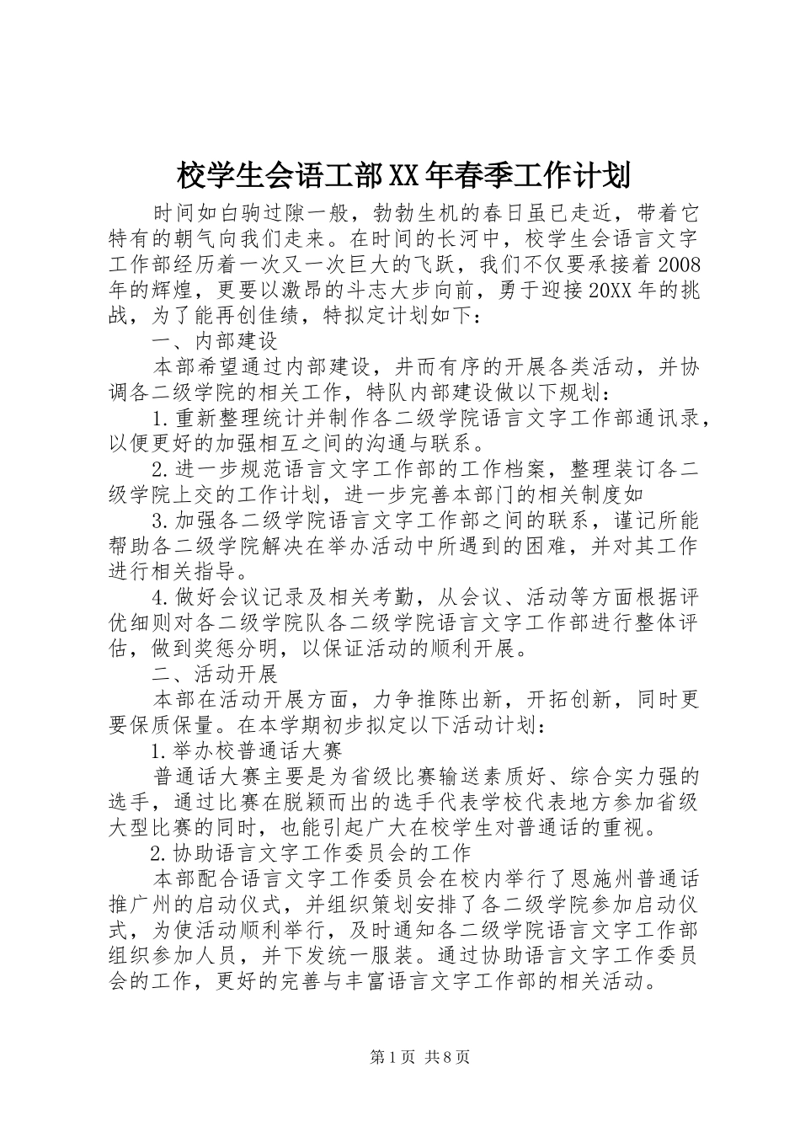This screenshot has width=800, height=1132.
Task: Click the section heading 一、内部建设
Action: coord(215,342)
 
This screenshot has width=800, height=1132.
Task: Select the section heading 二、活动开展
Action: coord(215,673)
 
